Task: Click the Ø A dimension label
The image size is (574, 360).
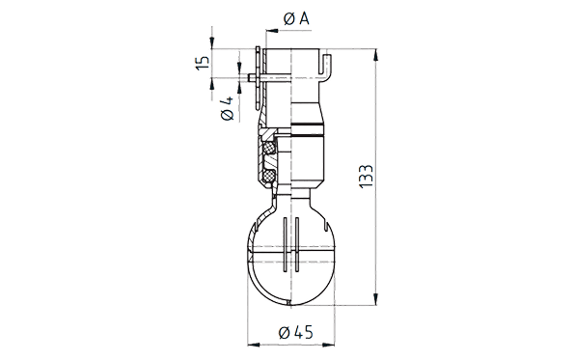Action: (296, 18)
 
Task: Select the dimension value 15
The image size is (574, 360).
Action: (202, 63)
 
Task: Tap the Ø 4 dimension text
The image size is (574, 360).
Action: (228, 108)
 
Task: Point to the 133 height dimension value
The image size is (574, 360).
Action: (366, 177)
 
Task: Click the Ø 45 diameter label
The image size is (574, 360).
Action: (296, 333)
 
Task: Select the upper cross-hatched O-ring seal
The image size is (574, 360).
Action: (270, 148)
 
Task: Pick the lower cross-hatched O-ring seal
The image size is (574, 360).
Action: (270, 175)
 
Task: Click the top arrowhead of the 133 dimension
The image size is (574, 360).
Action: (375, 55)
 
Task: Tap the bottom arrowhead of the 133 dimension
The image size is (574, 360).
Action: (375, 298)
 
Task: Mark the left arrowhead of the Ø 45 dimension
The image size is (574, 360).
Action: (254, 345)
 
